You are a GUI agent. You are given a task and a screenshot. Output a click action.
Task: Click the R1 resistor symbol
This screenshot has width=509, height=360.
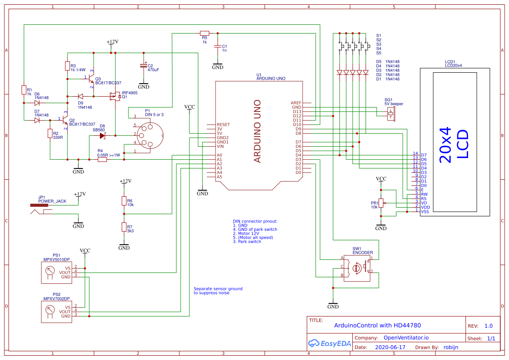(x=24, y=90)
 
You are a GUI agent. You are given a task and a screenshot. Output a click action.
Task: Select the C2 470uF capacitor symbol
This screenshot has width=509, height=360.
(x=143, y=65)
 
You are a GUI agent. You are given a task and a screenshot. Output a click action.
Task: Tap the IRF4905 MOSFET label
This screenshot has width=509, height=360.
(x=130, y=93)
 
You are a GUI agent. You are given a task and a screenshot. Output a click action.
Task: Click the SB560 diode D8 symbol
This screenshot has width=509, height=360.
(x=102, y=136)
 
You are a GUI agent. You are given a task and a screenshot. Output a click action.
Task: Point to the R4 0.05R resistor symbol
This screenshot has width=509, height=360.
(x=102, y=160)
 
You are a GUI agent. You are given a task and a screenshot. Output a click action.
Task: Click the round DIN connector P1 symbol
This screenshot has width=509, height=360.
(x=149, y=136)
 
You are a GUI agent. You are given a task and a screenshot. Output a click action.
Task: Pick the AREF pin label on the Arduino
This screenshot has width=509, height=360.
(x=296, y=103)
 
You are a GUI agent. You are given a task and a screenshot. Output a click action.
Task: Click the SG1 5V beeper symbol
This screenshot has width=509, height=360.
(x=391, y=115)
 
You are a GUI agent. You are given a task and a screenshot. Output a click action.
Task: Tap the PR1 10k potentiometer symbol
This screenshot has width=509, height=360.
(x=381, y=203)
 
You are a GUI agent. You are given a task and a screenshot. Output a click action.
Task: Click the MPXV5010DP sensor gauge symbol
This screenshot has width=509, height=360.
(x=50, y=272)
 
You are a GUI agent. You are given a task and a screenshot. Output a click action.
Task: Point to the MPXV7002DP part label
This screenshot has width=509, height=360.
(x=56, y=299)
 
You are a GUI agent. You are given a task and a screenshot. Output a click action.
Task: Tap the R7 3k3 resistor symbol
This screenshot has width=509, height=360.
(x=124, y=227)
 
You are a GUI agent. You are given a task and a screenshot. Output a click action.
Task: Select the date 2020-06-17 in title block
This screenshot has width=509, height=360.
(x=390, y=347)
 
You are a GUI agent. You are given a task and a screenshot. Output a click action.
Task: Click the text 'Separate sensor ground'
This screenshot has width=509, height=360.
(x=218, y=289)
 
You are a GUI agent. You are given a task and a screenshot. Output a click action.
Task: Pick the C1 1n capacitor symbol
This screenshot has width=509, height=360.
(x=217, y=47)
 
